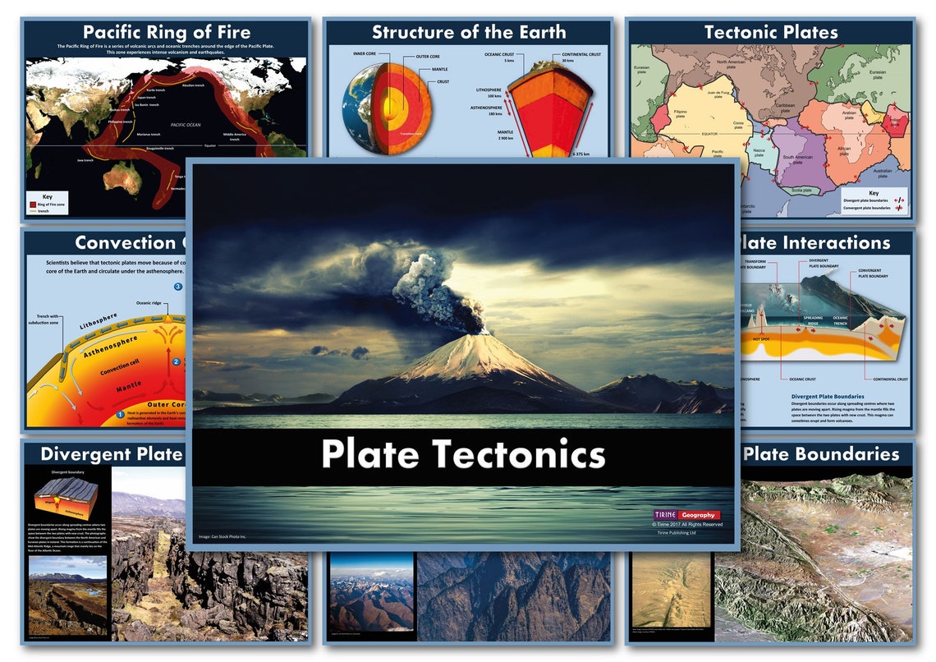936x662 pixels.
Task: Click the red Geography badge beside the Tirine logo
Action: tap(699, 515)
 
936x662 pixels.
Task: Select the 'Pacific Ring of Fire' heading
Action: tap(166, 32)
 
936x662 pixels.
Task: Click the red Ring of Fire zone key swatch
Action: tap(33, 203)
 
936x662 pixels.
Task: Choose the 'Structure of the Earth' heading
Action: tap(469, 32)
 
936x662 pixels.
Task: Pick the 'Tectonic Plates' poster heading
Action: tap(771, 32)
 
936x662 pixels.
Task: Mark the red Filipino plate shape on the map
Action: tap(661, 116)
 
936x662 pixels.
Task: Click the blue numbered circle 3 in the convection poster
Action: tap(178, 287)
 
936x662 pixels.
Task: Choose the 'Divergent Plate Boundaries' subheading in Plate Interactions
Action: tap(828, 396)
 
